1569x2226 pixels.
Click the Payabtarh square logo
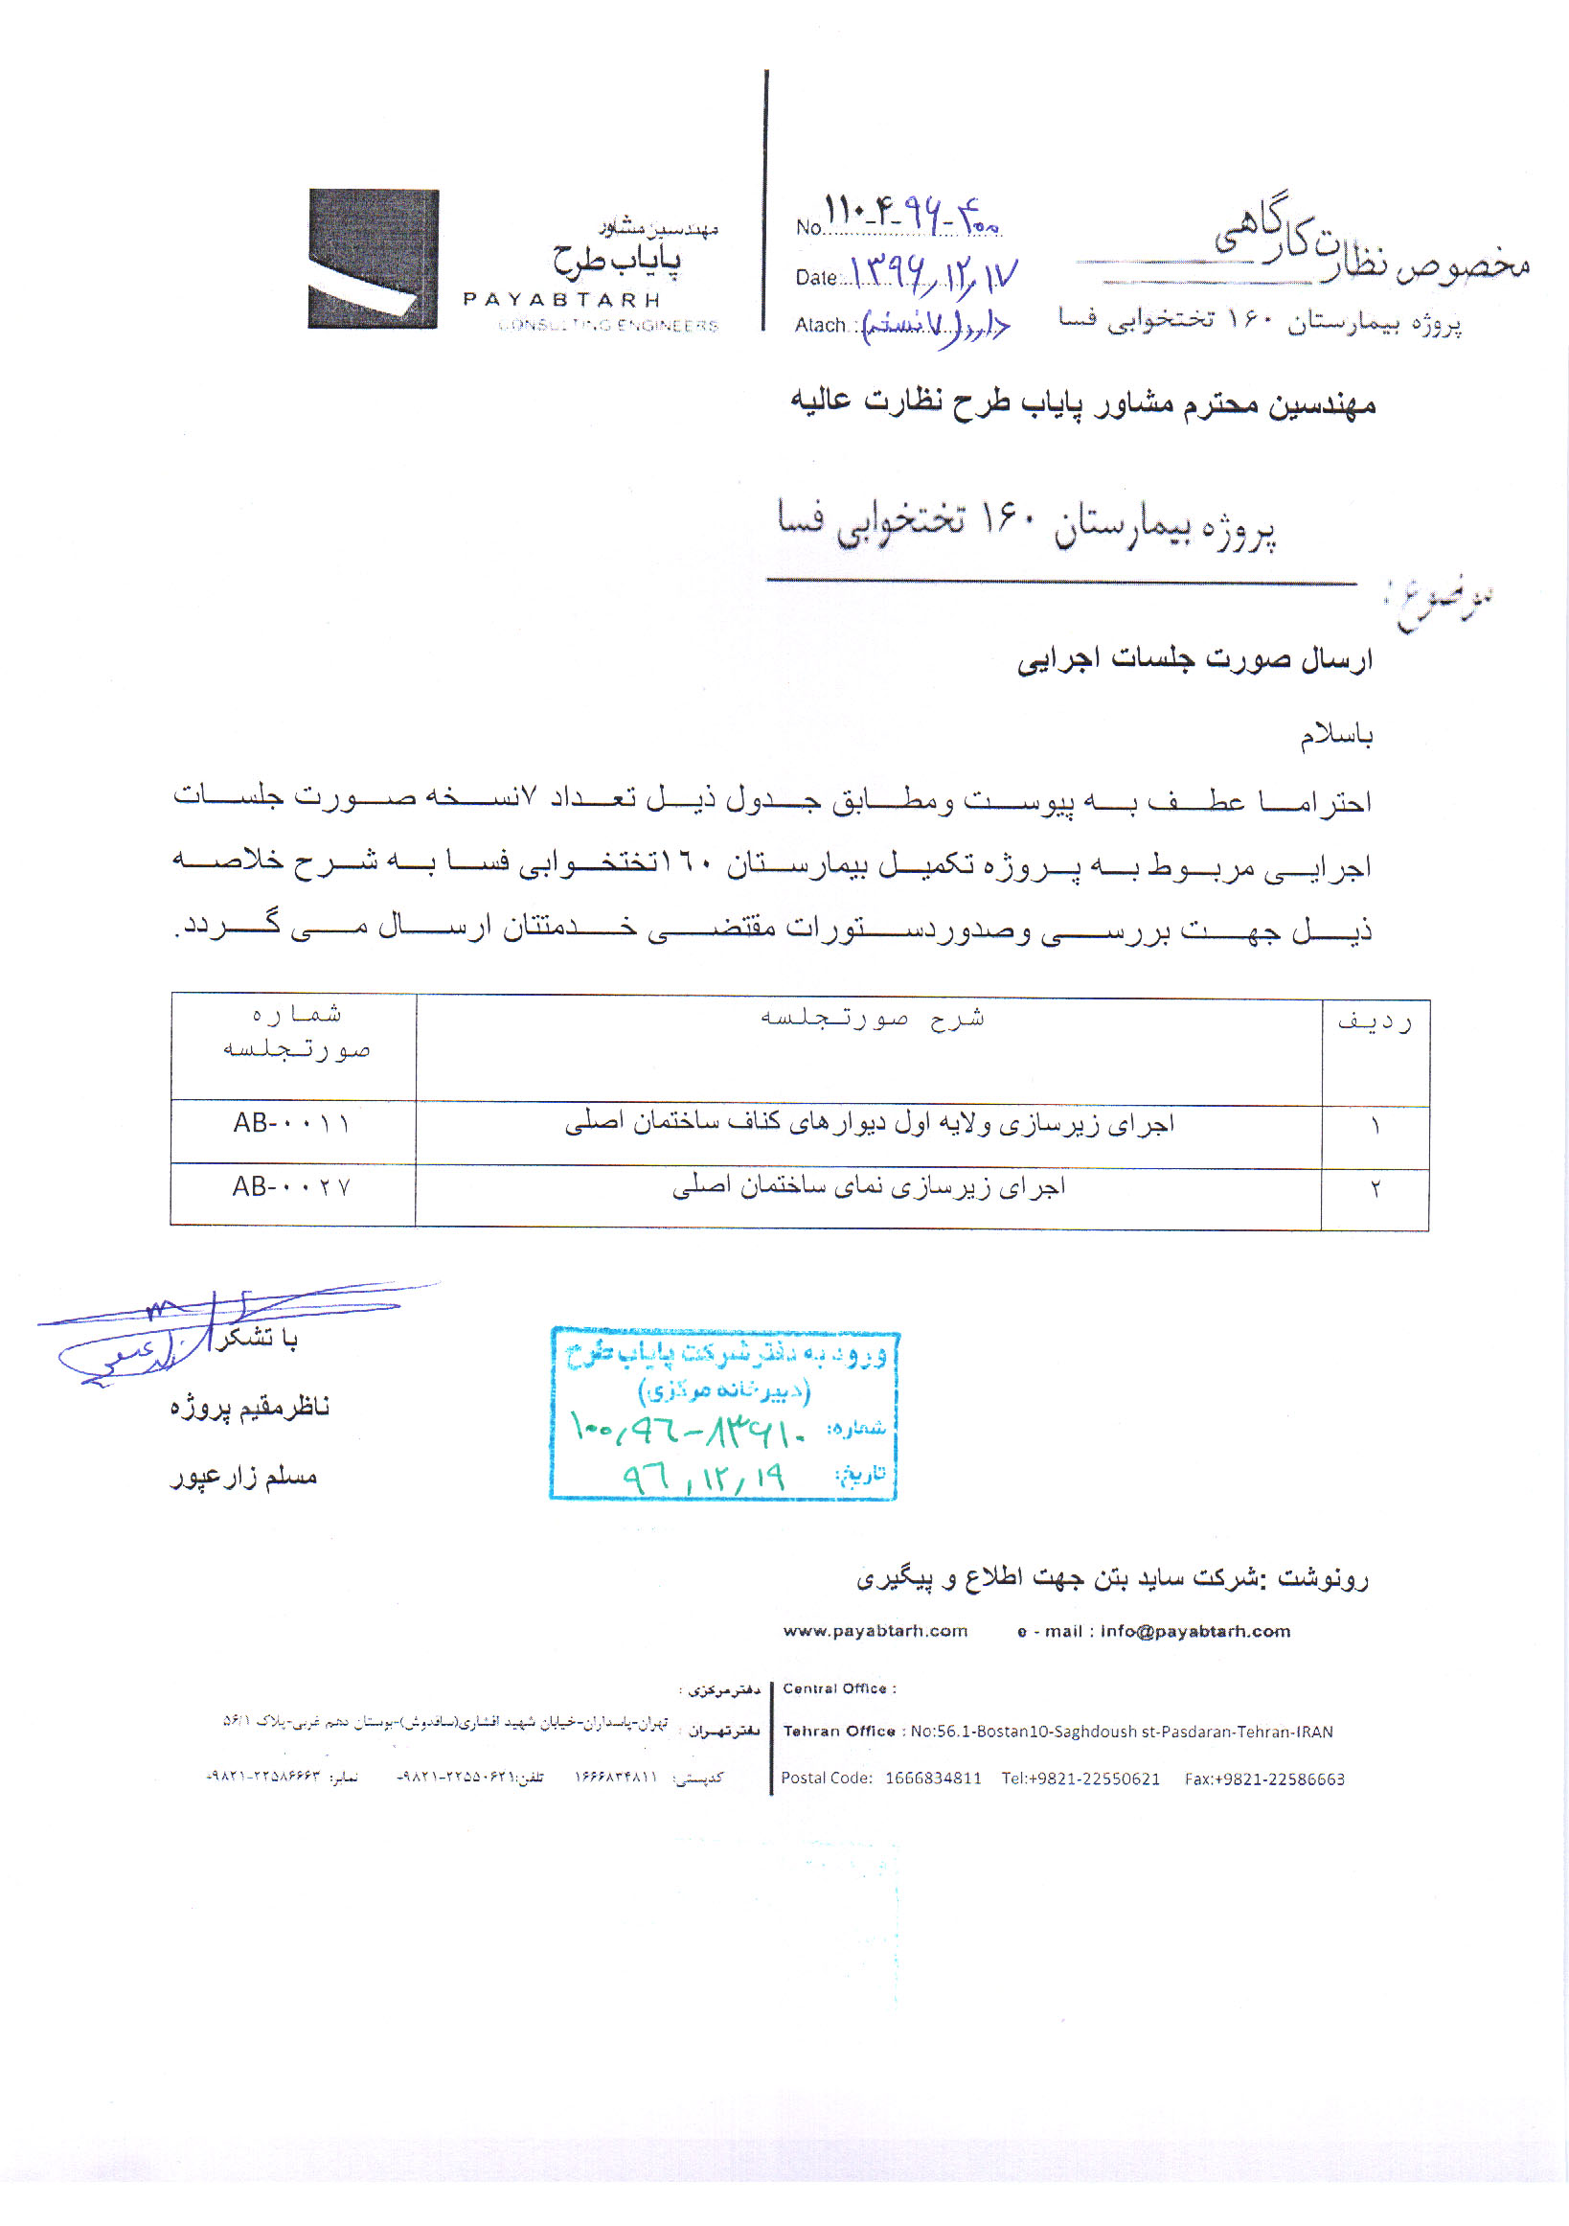point(374,258)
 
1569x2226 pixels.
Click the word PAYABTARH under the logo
point(562,300)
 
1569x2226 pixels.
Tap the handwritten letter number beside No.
point(911,216)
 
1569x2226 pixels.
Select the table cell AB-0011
point(292,1124)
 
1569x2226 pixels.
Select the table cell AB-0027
point(292,1186)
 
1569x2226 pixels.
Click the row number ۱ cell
point(1375,1128)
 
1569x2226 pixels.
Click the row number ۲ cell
point(1375,1189)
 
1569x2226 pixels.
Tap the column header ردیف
point(1375,1021)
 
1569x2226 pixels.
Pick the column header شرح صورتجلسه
point(872,1018)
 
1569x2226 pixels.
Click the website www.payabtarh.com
point(875,1631)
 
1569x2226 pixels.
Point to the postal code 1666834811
point(932,1779)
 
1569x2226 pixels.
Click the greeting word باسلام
point(1335,736)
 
